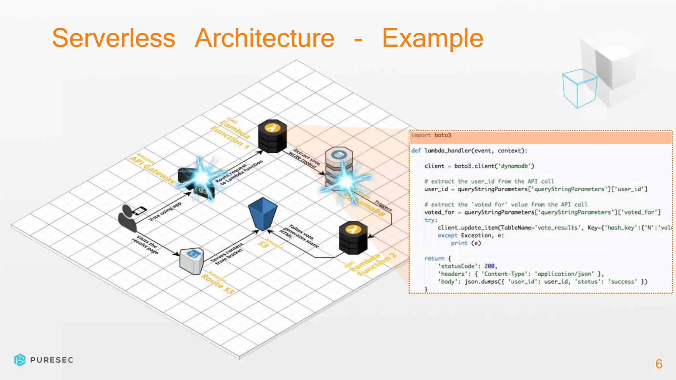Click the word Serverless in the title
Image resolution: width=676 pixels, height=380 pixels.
pyautogui.click(x=114, y=38)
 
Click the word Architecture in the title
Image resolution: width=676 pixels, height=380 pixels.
pyautogui.click(x=265, y=38)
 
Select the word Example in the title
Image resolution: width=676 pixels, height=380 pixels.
pyautogui.click(x=433, y=38)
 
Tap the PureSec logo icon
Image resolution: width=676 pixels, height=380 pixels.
pyautogui.click(x=20, y=360)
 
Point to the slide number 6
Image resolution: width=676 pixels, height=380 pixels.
pyautogui.click(x=659, y=364)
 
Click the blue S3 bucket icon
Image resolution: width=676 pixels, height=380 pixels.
pyautogui.click(x=263, y=214)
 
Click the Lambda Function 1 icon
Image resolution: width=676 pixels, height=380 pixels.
pyautogui.click(x=272, y=136)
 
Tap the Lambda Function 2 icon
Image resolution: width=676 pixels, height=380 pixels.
pyautogui.click(x=353, y=237)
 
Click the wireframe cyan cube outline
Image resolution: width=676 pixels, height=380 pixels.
pyautogui.click(x=580, y=88)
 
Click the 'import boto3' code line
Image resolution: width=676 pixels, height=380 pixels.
pyautogui.click(x=431, y=135)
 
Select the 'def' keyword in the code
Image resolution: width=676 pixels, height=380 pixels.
pyautogui.click(x=416, y=151)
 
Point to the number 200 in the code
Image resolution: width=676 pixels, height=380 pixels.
pyautogui.click(x=489, y=266)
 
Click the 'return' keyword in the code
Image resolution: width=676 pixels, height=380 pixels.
pyautogui.click(x=434, y=259)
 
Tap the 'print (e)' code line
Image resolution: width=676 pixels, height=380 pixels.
pyautogui.click(x=466, y=243)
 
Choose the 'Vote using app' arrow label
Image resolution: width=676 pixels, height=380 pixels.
pyautogui.click(x=165, y=211)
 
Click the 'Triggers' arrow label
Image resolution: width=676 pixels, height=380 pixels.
pyautogui.click(x=383, y=206)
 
